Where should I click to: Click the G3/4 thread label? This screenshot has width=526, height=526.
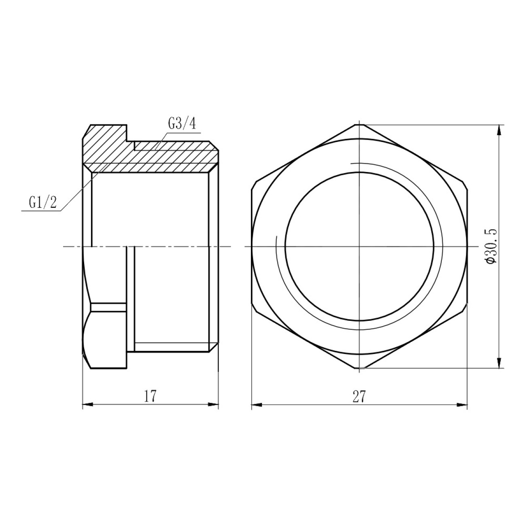182,124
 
